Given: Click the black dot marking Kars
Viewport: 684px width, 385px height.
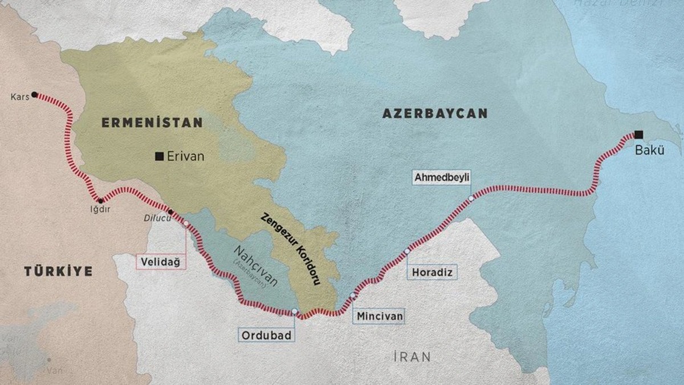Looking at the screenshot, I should pyautogui.click(x=35, y=94).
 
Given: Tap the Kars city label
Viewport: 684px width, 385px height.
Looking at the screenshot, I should pyautogui.click(x=19, y=96).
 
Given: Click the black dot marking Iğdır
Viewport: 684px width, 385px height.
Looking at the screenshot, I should pyautogui.click(x=100, y=201).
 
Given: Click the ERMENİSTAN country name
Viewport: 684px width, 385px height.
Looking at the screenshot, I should pyautogui.click(x=152, y=122).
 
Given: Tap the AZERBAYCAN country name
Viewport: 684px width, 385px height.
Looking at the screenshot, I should pyautogui.click(x=435, y=114).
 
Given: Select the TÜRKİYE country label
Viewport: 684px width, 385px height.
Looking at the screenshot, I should pyautogui.click(x=58, y=271).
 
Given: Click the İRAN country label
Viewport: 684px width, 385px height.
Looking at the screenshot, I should pyautogui.click(x=412, y=357).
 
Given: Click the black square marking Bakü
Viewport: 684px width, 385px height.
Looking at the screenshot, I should pyautogui.click(x=638, y=135).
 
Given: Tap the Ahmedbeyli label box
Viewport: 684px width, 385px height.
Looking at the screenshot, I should pyautogui.click(x=442, y=178).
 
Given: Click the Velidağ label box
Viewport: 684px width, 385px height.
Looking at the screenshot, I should pyautogui.click(x=160, y=262).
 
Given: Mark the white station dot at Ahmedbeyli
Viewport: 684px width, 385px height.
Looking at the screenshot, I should pyautogui.click(x=471, y=198).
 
